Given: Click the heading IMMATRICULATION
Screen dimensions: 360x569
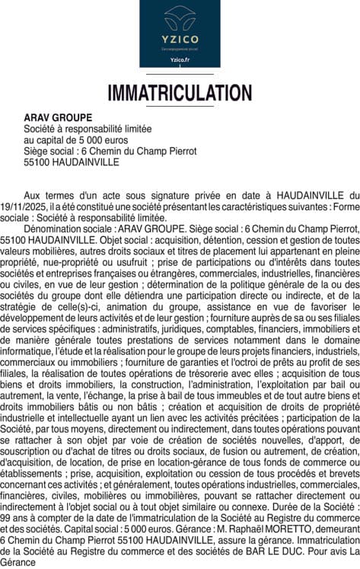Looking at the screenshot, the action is [180, 93].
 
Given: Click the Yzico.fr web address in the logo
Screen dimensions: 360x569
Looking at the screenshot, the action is [180, 59].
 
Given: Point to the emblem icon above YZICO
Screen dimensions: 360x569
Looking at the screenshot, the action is [180, 16].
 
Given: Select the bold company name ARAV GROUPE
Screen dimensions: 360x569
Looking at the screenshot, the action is [58, 118].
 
